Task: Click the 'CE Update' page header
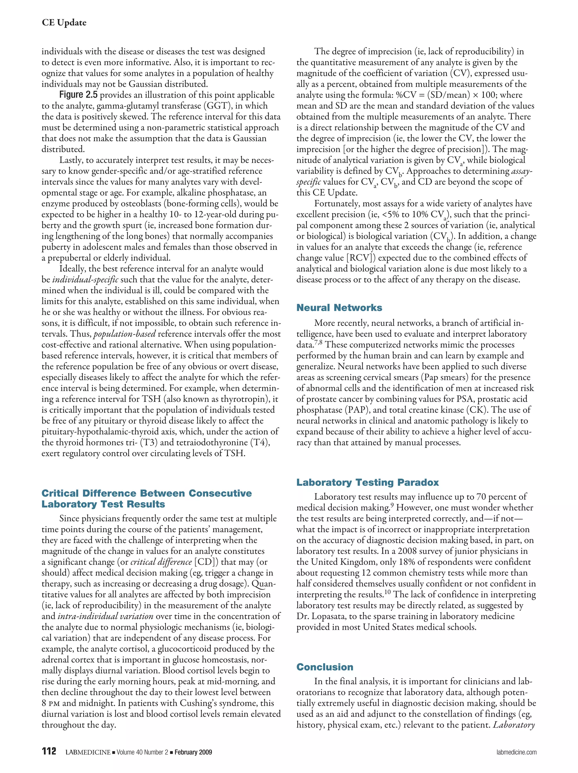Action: coord(64,23)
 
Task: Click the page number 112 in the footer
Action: coord(49,751)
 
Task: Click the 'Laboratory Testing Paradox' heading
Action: coord(367,482)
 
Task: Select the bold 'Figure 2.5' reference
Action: coord(79,95)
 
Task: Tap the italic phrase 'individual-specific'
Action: coord(85,279)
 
